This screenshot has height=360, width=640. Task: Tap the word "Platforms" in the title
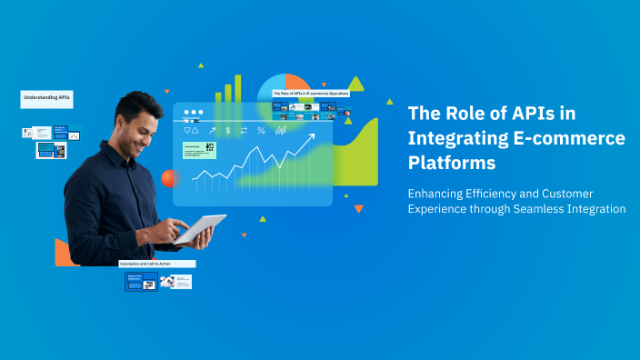coord(452,164)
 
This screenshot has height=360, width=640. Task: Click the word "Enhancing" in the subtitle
coord(438,193)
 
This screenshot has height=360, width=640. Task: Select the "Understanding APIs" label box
coord(46,96)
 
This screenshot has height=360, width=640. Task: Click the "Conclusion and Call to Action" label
coord(157,264)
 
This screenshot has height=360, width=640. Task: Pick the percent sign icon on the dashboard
coord(261,131)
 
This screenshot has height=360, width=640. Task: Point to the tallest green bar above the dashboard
coord(238,88)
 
